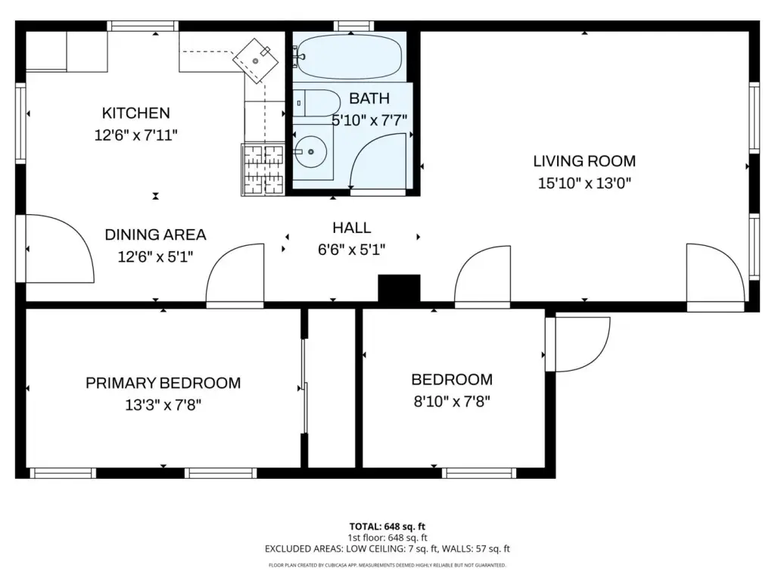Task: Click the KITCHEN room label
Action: coord(136,113)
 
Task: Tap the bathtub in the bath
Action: coord(349,57)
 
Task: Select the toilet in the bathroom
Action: coord(317,103)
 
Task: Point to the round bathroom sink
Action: coord(310,151)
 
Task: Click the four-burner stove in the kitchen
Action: coord(263,169)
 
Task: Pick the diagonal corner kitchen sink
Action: coord(256,61)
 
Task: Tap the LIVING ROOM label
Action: coord(584,161)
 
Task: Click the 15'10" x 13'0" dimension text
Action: coord(584,183)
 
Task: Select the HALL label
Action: coord(351,228)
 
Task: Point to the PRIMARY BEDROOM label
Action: coord(163,383)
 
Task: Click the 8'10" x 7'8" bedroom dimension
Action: coord(452,401)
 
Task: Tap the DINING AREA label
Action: coord(155,235)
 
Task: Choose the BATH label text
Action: coord(369,98)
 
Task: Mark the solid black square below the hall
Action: coord(400,288)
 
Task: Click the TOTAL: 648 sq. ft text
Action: coord(387,527)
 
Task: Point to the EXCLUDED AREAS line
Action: coord(387,549)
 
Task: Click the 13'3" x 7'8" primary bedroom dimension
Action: coord(163,405)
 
